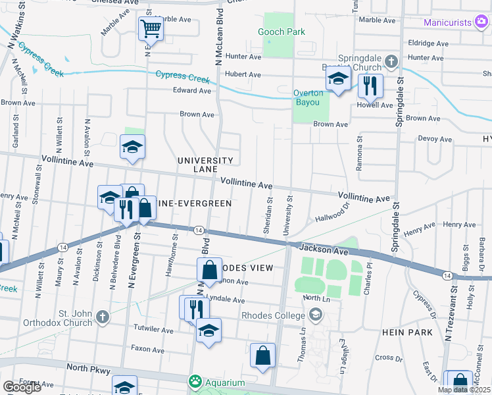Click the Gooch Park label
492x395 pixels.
(282, 32)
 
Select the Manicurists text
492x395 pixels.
(448, 22)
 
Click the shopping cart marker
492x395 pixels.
(151, 28)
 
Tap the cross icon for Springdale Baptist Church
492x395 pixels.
(391, 62)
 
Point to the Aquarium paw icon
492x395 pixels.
(195, 382)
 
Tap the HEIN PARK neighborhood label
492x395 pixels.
(407, 332)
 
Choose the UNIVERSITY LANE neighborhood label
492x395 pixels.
(205, 165)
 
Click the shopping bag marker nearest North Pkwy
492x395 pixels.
(262, 355)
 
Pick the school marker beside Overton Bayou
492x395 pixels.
(338, 80)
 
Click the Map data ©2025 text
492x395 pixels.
(463, 390)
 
